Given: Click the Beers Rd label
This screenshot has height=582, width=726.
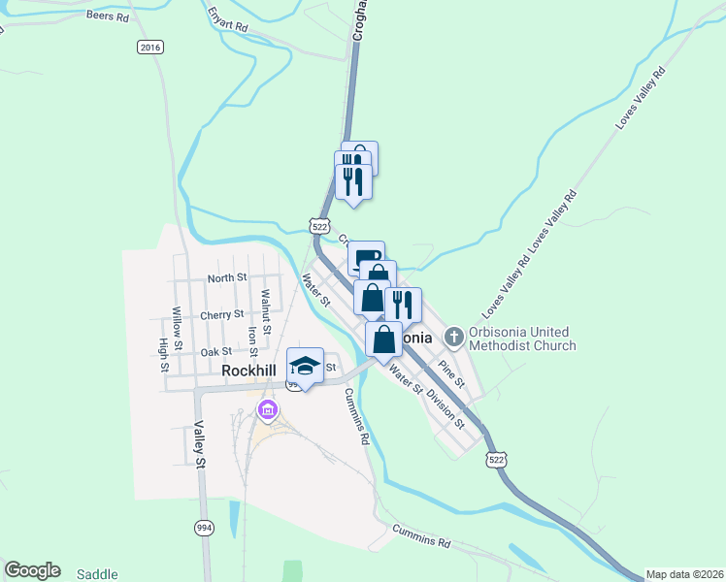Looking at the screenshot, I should point(107,16).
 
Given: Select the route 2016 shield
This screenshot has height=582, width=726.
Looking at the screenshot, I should point(149,47).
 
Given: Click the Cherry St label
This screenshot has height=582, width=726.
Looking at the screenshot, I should point(221,315).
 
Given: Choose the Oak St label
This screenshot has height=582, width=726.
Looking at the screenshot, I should point(216,352).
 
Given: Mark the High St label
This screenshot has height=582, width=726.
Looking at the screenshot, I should point(162,356).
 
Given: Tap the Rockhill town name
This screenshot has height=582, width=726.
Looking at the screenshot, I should point(249,371).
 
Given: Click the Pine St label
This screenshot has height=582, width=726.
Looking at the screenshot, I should point(452,373).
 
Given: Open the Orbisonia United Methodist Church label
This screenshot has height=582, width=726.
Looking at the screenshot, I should point(521,338).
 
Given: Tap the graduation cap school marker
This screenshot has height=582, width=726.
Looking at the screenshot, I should point(305,366).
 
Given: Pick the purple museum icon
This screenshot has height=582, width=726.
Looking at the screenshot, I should point(268,411).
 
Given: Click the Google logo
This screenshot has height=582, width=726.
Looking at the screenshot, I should point(32,570).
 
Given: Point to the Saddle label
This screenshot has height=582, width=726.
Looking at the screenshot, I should point(97,573).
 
